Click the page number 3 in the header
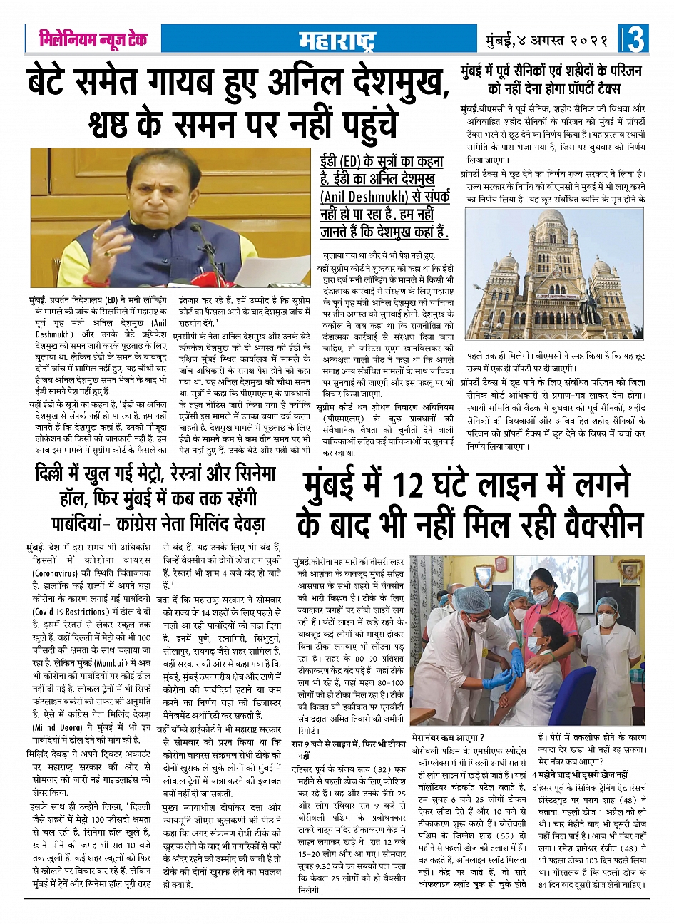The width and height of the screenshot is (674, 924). pos(636,40)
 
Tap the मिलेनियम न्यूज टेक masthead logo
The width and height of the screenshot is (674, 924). pos(93,39)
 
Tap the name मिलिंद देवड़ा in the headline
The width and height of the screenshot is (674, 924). pos(228,523)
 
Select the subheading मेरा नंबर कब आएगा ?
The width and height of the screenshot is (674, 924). pos(448,737)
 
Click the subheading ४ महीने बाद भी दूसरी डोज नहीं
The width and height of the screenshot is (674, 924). pos(580,774)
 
